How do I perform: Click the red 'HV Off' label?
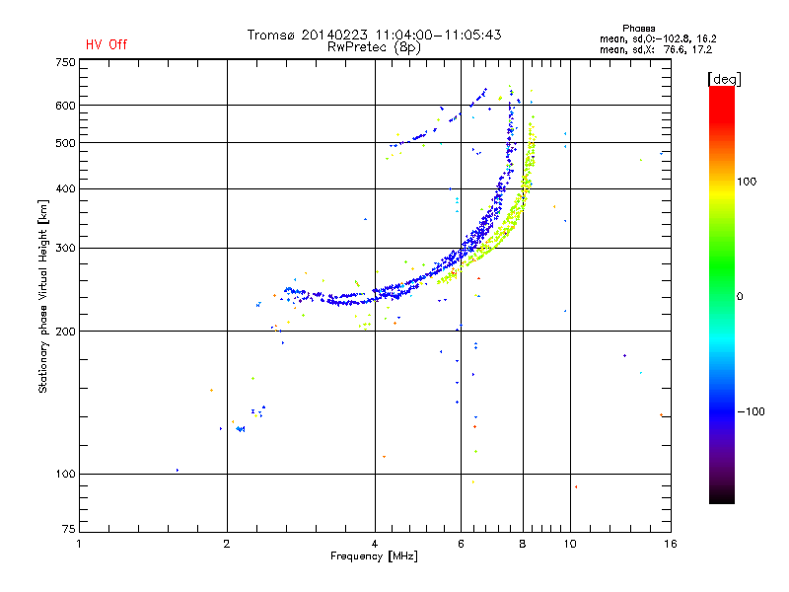tap(107, 44)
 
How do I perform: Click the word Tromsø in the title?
tap(270, 35)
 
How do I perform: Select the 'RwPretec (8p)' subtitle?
tap(374, 47)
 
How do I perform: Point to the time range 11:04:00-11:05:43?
tap(438, 35)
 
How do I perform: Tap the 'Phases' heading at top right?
tap(638, 29)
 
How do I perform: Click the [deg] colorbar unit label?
tap(724, 79)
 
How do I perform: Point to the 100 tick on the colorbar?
tap(747, 182)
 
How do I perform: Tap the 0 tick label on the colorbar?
tap(740, 297)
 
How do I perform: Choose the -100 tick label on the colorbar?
tap(752, 411)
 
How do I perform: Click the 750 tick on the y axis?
tap(65, 62)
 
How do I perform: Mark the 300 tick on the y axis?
tap(65, 248)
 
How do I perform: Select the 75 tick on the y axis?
tap(69, 529)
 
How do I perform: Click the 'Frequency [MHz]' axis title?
tap(374, 556)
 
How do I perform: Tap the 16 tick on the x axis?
tap(671, 544)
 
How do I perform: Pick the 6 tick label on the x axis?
tap(461, 544)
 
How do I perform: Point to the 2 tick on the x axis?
tap(227, 544)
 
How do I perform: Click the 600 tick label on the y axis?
tap(65, 106)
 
